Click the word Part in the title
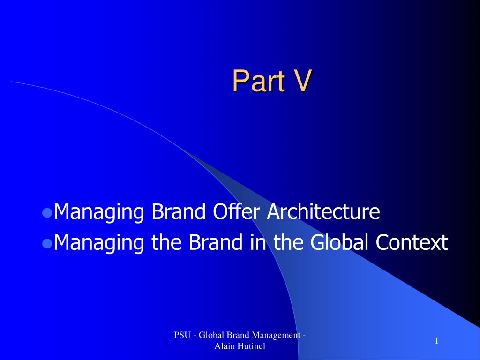point(259,80)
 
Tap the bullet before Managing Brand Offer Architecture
point(47,212)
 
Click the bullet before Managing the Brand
point(47,243)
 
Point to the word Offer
point(237,211)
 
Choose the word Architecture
point(323,211)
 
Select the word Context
point(412,242)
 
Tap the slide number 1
point(437,341)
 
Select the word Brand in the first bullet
point(179,211)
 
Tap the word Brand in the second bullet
point(216,242)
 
